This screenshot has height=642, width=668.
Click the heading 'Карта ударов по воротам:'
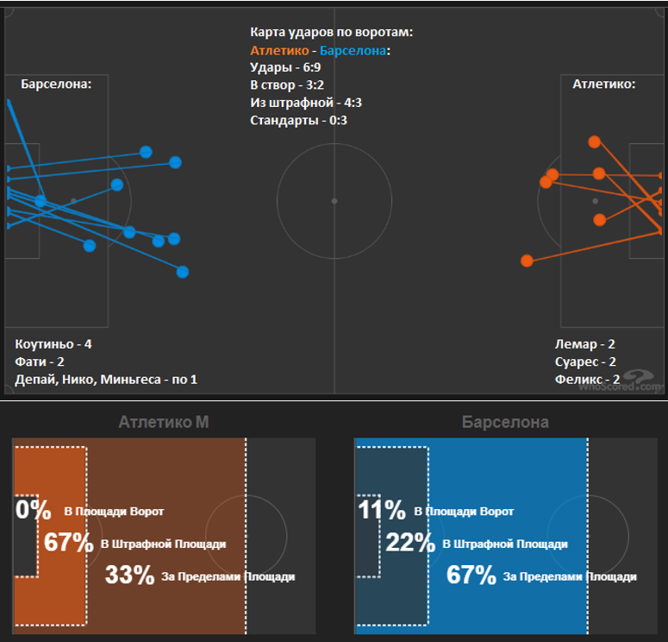click(x=331, y=32)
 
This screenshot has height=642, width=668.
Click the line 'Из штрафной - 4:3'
click(x=306, y=103)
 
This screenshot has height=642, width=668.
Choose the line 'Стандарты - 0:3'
click(x=298, y=120)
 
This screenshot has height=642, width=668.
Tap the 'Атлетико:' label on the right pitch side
click(x=603, y=84)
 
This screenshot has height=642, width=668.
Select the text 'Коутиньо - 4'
click(x=53, y=343)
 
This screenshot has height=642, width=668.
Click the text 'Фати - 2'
click(x=40, y=362)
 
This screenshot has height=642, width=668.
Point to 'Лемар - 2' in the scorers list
click(x=584, y=343)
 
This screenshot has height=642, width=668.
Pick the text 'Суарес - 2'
click(x=584, y=362)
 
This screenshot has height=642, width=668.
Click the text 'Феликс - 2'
click(x=587, y=379)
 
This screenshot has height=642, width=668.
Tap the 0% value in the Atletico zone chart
click(x=34, y=510)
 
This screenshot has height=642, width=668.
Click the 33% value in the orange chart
click(x=129, y=575)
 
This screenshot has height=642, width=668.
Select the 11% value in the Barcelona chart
click(x=381, y=510)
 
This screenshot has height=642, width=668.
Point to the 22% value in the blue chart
click(x=410, y=543)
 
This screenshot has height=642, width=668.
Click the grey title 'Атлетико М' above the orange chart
click(x=164, y=422)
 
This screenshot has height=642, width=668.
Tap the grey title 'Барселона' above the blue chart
click(x=505, y=422)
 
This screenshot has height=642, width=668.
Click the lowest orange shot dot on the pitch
click(x=528, y=260)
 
